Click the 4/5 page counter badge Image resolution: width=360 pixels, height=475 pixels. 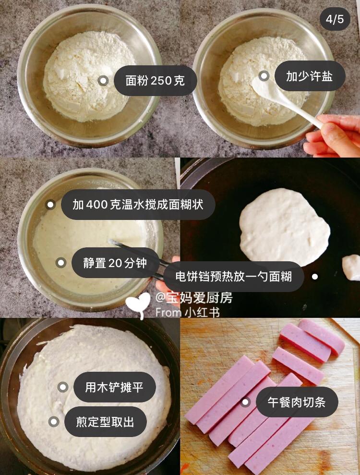[x=335, y=19]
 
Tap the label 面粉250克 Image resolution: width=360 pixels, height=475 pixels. [x=156, y=81]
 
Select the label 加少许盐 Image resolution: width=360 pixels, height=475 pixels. [x=310, y=76]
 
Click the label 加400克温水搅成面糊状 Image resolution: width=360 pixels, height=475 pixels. [x=138, y=205]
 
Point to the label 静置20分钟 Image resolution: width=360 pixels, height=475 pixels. [x=115, y=263]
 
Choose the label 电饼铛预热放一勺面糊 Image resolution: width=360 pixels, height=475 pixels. [x=233, y=277]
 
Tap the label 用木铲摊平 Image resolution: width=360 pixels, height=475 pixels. [x=114, y=387]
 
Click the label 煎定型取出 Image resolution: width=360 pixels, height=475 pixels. [x=106, y=422]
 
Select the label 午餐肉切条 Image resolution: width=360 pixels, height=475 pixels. [x=297, y=402]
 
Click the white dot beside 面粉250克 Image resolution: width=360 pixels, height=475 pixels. [x=103, y=81]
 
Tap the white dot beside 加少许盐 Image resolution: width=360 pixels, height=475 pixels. [x=264, y=76]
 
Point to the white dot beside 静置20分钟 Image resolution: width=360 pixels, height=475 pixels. [x=61, y=263]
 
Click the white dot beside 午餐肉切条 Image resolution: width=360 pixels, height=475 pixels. [x=245, y=402]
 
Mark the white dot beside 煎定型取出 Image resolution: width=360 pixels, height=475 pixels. [x=54, y=422]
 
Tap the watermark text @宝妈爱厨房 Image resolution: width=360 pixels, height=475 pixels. [x=194, y=298]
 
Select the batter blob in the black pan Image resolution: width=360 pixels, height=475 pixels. [x=285, y=227]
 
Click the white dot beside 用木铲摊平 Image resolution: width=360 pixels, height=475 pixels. [x=63, y=387]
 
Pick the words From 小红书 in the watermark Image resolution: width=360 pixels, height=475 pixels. [x=188, y=312]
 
